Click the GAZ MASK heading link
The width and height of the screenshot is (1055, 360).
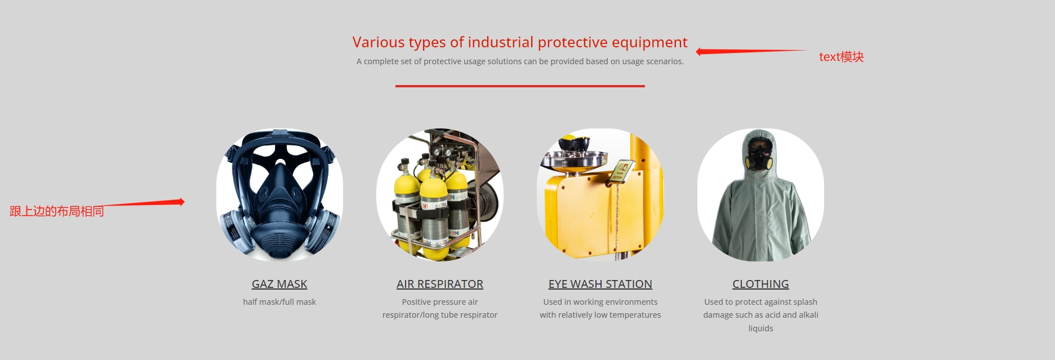[x=279, y=284]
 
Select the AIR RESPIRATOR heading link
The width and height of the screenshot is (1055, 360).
[x=440, y=284]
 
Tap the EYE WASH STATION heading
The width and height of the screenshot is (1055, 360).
[x=600, y=284]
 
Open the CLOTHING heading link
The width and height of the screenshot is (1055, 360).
[x=760, y=284]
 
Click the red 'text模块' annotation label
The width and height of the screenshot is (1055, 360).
[x=841, y=57]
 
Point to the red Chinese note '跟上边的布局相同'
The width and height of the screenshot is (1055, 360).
[x=57, y=211]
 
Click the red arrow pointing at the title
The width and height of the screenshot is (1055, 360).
[x=751, y=51]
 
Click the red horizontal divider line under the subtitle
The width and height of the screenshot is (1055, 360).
[x=520, y=86]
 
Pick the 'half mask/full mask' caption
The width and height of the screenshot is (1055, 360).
[x=279, y=302]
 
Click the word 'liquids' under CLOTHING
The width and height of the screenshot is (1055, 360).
[x=760, y=328]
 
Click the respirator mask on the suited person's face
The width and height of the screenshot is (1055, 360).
[x=759, y=157]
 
